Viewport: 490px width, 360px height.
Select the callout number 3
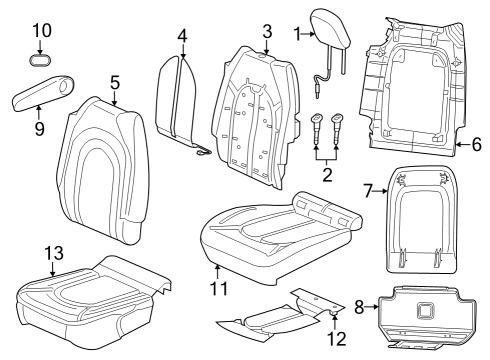tap(266, 30)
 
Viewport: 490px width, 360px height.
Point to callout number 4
tap(182, 36)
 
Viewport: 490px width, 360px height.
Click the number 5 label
tap(115, 82)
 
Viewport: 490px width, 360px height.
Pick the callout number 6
tap(476, 146)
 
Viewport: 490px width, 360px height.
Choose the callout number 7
tap(367, 190)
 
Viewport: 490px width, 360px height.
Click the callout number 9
tap(38, 129)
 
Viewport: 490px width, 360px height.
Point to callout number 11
tap(218, 289)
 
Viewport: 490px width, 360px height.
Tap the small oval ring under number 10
tap(40, 60)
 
